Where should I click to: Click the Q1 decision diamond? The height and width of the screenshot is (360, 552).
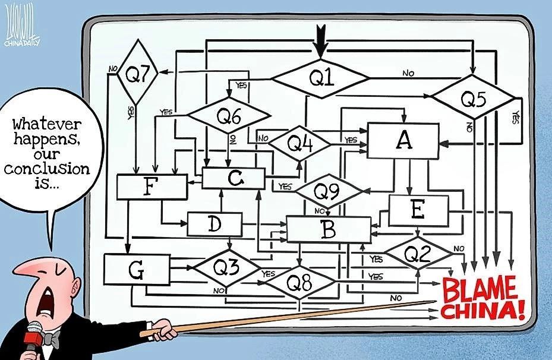point(320,78)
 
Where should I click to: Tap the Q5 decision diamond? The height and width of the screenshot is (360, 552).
point(474,97)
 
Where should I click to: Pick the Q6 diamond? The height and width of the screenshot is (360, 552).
point(229,115)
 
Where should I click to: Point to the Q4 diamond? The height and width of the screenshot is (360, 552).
point(299,144)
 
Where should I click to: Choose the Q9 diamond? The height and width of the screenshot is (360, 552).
point(328,191)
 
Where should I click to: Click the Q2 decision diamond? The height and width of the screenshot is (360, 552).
point(418,253)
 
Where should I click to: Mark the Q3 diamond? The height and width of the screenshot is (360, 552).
point(227,268)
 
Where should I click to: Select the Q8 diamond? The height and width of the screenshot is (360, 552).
point(299,282)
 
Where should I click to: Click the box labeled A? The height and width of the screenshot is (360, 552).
point(403,140)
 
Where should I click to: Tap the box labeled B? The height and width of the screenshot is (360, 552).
point(329,229)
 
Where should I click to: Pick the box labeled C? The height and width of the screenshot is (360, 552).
point(234,178)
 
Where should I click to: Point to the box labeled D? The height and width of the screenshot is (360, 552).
point(215,224)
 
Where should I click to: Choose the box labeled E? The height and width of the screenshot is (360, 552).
point(418,210)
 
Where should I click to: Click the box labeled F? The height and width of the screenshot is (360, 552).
point(152,187)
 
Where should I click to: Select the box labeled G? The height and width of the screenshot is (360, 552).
point(137,270)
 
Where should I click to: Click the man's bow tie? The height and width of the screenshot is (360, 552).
point(51,338)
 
